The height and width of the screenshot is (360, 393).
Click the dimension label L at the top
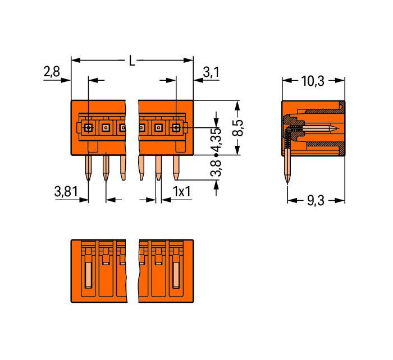131,61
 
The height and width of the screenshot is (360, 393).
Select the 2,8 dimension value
52,72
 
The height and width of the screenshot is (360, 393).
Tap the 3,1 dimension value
211,72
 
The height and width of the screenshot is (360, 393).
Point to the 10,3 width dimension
313,81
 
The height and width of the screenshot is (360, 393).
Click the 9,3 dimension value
316,201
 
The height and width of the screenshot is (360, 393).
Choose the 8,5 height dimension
238,128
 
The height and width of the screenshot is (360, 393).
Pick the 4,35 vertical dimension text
216,140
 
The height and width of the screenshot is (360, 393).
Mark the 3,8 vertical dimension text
216,168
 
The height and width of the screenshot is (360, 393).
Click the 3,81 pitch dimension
66,192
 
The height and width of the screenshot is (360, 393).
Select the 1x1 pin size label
182,192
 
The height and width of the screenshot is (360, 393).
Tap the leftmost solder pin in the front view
88,168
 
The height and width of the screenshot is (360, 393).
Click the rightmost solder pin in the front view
176,168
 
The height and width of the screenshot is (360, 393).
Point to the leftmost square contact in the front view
88,128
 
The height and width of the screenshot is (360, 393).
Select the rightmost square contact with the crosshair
176,128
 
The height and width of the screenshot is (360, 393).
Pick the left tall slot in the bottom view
89,275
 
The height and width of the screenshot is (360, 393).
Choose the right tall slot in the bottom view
176,275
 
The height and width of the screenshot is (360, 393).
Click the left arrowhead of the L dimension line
76,61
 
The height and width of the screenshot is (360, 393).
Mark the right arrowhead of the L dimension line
189,61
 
